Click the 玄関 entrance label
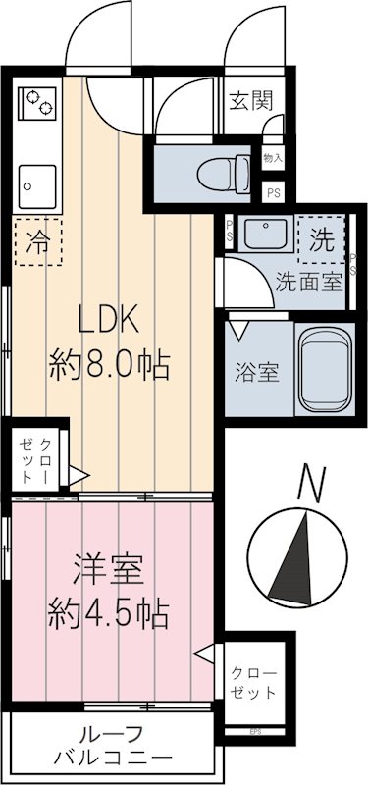tap(251, 100)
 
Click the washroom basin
tap(262, 236)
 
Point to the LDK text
tap(110, 321)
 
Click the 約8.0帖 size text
tap(110, 366)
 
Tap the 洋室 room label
tap(109, 569)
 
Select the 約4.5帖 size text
tap(109, 614)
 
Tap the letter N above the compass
tap(311, 483)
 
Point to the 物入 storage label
tap(273, 157)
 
